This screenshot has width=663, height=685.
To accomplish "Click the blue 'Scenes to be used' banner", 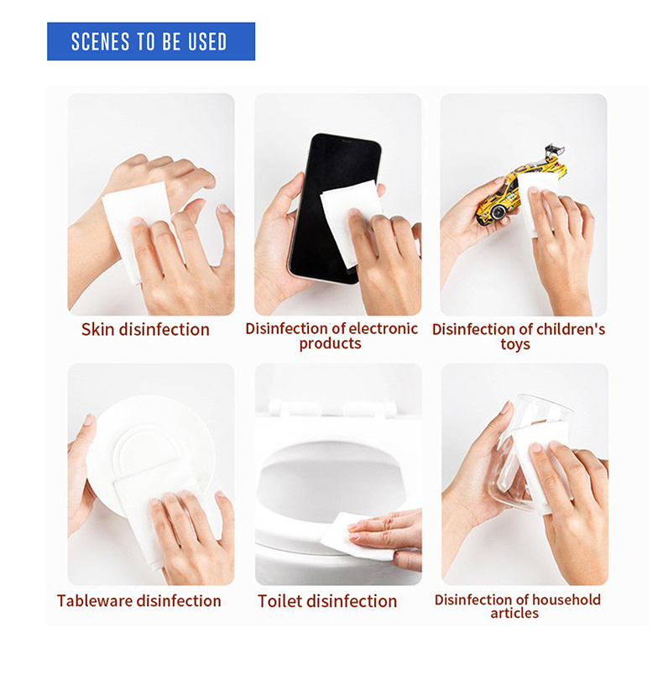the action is (151, 41).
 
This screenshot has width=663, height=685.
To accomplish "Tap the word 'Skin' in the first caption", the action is (98, 329).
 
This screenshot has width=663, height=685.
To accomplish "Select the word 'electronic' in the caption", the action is (384, 328).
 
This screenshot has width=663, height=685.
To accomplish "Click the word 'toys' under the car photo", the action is (515, 344).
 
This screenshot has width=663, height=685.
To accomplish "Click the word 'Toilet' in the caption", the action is (278, 601).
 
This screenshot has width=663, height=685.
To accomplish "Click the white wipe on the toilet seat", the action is (354, 536).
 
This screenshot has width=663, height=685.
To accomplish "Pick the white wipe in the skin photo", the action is (136, 227).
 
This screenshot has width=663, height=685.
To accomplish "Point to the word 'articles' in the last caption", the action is (514, 613).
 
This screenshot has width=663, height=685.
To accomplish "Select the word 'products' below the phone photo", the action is (330, 344).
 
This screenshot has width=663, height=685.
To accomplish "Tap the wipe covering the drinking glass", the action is (541, 463).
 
